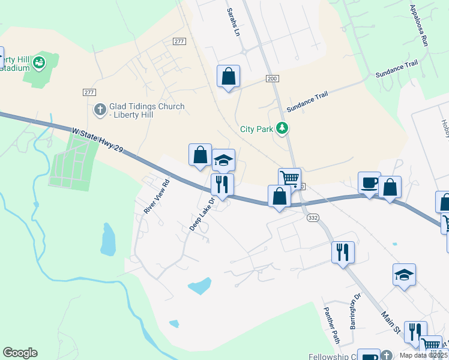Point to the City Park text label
(x=256, y=128)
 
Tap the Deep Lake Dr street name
(x=202, y=214)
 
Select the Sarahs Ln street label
(x=233, y=22)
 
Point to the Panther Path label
(x=332, y=325)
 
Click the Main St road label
(x=390, y=321)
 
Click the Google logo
(x=20, y=353)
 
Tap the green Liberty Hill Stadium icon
(x=40, y=61)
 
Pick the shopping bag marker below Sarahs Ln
(x=228, y=76)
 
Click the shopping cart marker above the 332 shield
(x=289, y=178)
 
